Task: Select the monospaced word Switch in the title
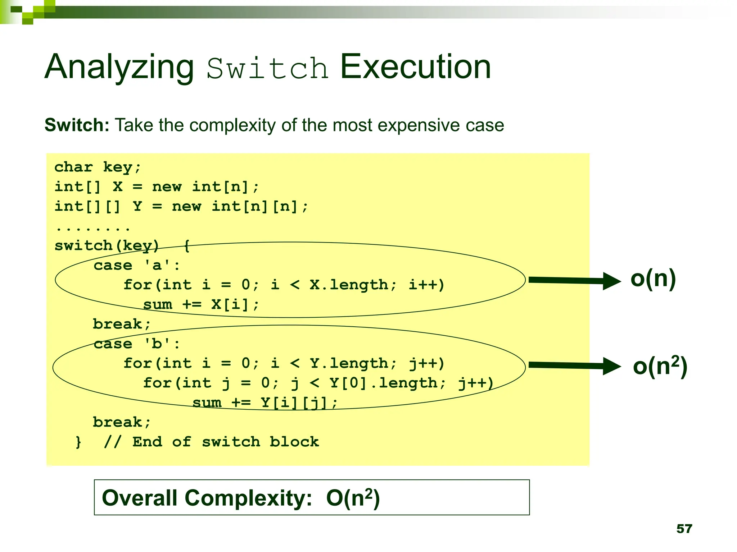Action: click(267, 68)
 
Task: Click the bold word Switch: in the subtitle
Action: click(77, 125)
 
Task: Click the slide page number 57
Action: click(684, 529)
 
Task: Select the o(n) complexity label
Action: click(653, 279)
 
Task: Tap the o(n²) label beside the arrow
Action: click(660, 366)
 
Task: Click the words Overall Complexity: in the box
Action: click(207, 498)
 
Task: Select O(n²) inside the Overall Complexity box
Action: click(353, 498)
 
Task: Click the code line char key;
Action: click(98, 167)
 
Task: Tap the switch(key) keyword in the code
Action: click(107, 246)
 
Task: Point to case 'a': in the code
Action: click(136, 266)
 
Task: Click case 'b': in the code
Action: click(136, 344)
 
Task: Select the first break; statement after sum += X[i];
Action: click(122, 324)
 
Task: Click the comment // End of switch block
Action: click(211, 442)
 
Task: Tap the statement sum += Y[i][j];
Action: click(265, 402)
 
